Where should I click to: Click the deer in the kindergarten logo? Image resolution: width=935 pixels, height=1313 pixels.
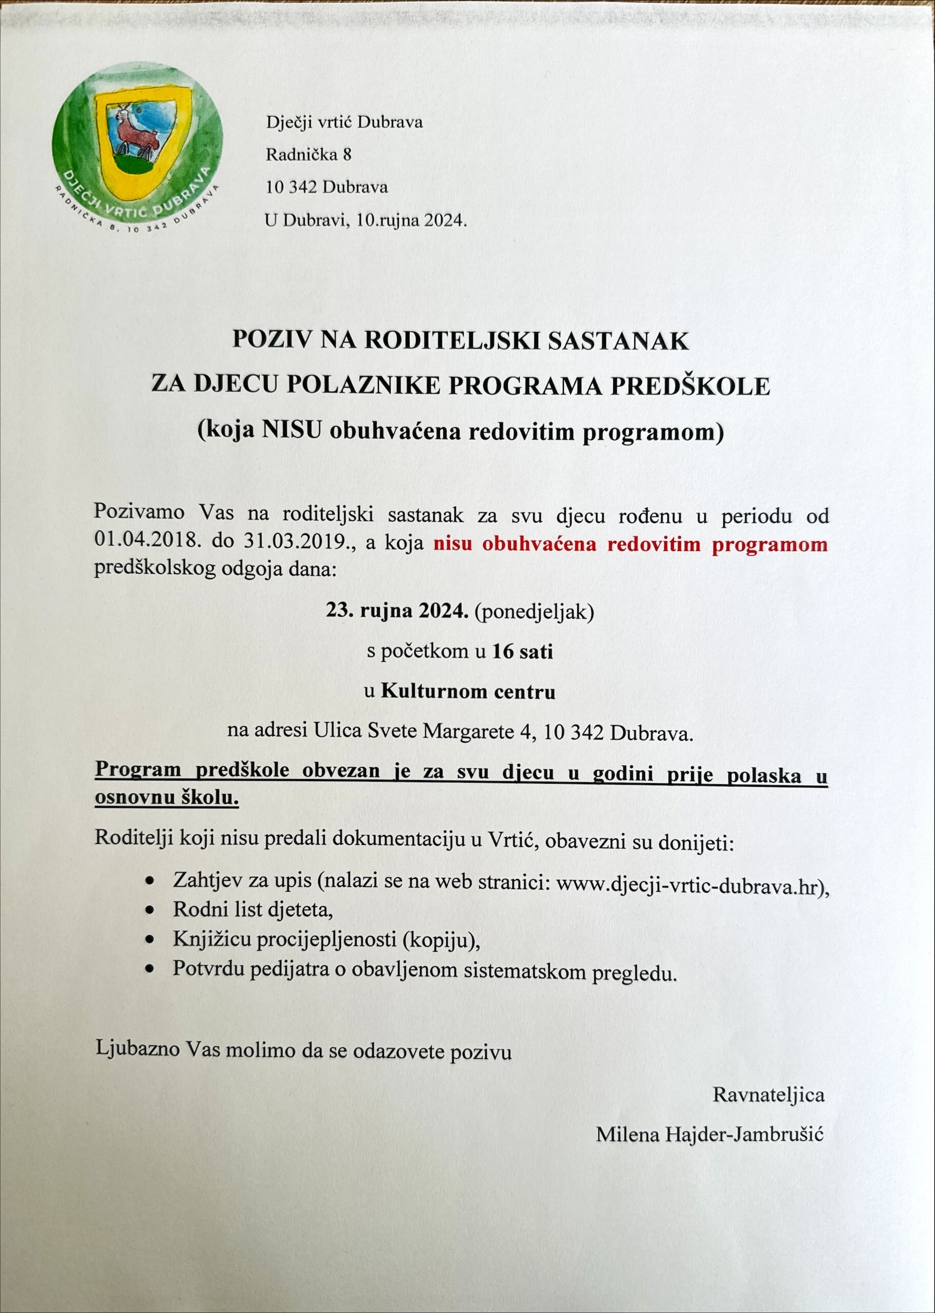tap(135, 132)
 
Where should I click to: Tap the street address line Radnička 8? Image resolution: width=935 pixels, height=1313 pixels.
tap(308, 154)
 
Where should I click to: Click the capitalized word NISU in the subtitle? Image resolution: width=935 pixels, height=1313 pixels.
tap(291, 431)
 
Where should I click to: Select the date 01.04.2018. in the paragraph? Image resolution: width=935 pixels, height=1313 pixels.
tap(147, 542)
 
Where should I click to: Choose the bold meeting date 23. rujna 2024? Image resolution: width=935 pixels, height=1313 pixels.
tap(397, 610)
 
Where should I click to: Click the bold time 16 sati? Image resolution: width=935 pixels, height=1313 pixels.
tap(522, 651)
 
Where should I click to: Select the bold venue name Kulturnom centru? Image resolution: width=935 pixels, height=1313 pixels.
tap(468, 691)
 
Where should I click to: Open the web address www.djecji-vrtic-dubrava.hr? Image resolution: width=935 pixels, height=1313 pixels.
tap(686, 886)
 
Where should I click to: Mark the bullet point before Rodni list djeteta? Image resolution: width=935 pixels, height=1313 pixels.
tap(150, 910)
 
